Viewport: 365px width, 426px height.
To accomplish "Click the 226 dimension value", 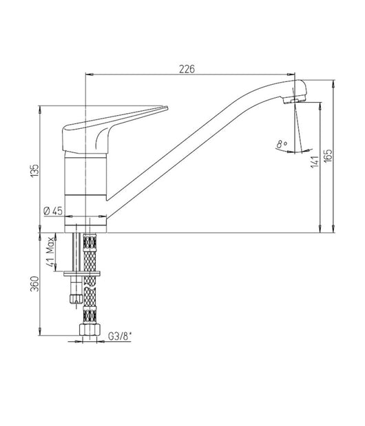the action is pos(187,69).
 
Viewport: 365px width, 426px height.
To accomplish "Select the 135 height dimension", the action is pos(34,171).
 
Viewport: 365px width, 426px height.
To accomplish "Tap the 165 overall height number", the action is pos(328,156).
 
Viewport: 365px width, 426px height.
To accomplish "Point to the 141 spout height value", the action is pos(315,161).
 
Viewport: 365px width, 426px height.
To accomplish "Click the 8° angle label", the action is pos(282,143).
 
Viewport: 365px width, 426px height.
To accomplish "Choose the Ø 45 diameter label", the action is pos(53,211).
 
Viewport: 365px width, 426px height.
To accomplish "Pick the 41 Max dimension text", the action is pos(50,252).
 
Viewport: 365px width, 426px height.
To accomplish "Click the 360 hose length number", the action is pos(34,284).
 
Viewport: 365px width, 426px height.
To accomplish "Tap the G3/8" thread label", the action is pos(120,336).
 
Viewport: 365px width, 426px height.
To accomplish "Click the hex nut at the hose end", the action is pos(90,329).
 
